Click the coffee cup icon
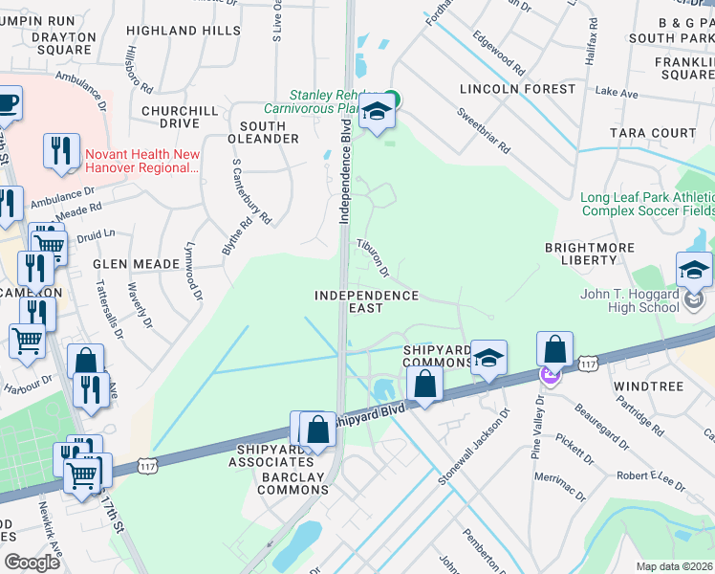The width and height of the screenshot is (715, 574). click(x=8, y=102)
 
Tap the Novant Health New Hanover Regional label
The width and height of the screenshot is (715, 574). click(x=141, y=161)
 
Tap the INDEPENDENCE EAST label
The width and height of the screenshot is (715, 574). click(x=366, y=301)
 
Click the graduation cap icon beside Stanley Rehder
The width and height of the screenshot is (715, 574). click(x=376, y=114)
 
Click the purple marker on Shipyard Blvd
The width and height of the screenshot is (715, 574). click(x=551, y=376)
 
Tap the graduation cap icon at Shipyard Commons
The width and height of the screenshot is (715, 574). click(x=488, y=359)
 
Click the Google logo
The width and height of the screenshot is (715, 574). click(x=31, y=562)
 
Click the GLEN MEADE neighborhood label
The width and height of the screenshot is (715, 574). click(x=136, y=263)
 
